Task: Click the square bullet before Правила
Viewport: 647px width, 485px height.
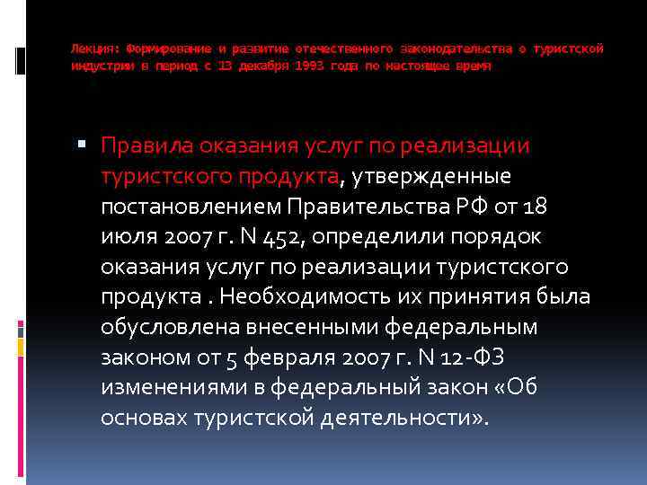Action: click(x=82, y=145)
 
